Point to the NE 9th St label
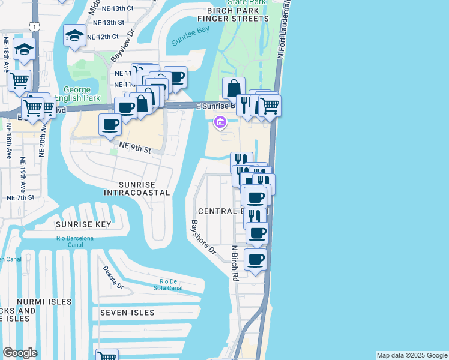pyautogui.click(x=134, y=148)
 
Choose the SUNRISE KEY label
pyautogui.click(x=83, y=224)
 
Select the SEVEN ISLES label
pyautogui.click(x=127, y=313)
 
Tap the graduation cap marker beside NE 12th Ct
pyautogui.click(x=75, y=35)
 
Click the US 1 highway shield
pyautogui.click(x=36, y=27)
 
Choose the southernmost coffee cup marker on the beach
pyautogui.click(x=255, y=260)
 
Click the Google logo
pyautogui.click(x=20, y=353)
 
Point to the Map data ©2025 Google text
pyautogui.click(x=411, y=355)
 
